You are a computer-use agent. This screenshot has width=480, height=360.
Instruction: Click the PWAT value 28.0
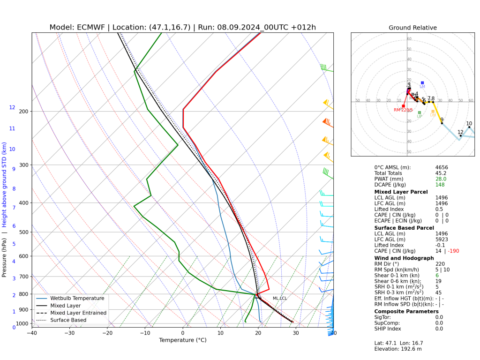point(441,179)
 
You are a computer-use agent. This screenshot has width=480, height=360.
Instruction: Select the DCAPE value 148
point(440,185)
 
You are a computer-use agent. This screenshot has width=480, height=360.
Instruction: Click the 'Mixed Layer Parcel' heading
point(401,192)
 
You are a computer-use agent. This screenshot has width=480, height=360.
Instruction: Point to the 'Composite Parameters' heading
point(406,311)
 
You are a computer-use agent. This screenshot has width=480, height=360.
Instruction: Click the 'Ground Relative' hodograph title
point(412,28)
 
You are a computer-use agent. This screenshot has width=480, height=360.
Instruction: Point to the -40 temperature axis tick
point(32,333)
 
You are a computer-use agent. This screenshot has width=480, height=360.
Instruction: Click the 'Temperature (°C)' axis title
point(183,340)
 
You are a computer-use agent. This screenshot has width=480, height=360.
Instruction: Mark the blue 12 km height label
point(12,108)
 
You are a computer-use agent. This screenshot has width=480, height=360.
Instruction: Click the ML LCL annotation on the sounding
point(280,298)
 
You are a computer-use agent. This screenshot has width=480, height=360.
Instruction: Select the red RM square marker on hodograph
point(403,106)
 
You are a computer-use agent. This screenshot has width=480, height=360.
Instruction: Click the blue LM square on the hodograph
point(422,83)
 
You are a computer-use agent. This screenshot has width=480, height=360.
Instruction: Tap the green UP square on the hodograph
point(420,112)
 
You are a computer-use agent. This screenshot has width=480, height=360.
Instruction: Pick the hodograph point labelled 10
point(469,127)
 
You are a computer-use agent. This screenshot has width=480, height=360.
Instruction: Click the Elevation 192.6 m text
point(398,349)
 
